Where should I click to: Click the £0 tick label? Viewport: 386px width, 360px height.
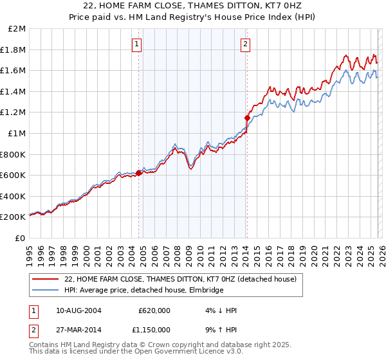coord(20,238)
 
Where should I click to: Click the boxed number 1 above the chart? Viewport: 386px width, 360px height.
coord(137,44)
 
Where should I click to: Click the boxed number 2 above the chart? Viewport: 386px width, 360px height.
coord(246,44)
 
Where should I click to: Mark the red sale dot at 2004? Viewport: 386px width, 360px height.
coord(138,172)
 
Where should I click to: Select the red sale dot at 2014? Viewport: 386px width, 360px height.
coord(246,118)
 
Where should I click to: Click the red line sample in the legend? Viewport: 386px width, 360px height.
coord(46,280)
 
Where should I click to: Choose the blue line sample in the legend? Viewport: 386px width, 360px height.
coord(46,291)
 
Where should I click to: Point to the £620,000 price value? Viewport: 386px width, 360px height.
coord(154,310)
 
